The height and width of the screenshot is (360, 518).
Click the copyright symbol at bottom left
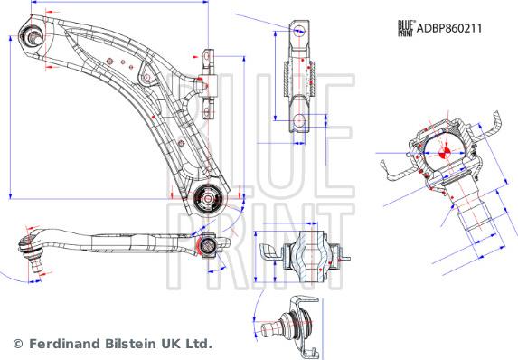17,344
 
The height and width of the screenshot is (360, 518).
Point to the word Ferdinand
63,344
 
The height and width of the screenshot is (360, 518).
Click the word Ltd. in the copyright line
198,344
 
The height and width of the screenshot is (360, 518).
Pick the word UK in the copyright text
172,344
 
